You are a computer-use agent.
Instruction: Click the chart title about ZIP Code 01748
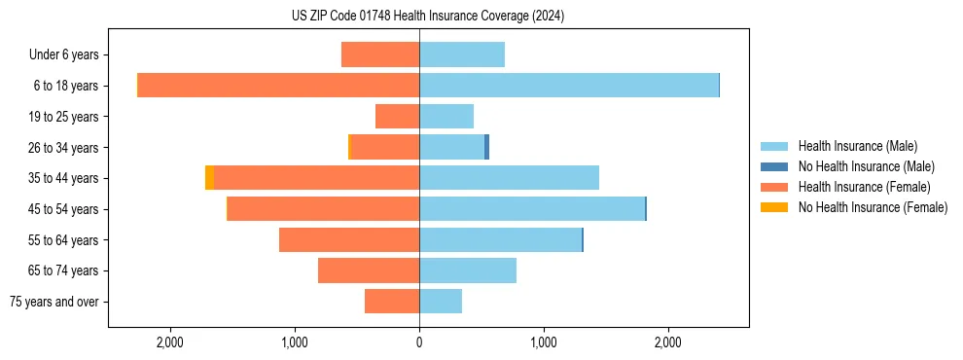[427, 16]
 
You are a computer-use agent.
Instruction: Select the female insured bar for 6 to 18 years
[278, 86]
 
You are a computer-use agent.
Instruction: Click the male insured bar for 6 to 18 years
[569, 86]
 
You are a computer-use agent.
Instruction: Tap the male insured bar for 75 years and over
[441, 302]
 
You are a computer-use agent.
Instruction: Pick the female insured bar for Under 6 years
[380, 54]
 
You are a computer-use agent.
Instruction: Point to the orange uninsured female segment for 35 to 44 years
[209, 178]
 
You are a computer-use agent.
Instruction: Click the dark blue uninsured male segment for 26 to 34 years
[486, 147]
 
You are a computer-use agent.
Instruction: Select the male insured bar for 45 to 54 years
[532, 209]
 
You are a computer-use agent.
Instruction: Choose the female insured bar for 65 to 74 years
[369, 270]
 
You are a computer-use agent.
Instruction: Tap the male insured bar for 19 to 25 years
[446, 117]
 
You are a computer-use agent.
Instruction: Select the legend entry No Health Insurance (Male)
[866, 166]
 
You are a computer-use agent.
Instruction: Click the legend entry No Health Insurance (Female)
[873, 207]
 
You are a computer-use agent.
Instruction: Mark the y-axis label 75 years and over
[53, 302]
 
